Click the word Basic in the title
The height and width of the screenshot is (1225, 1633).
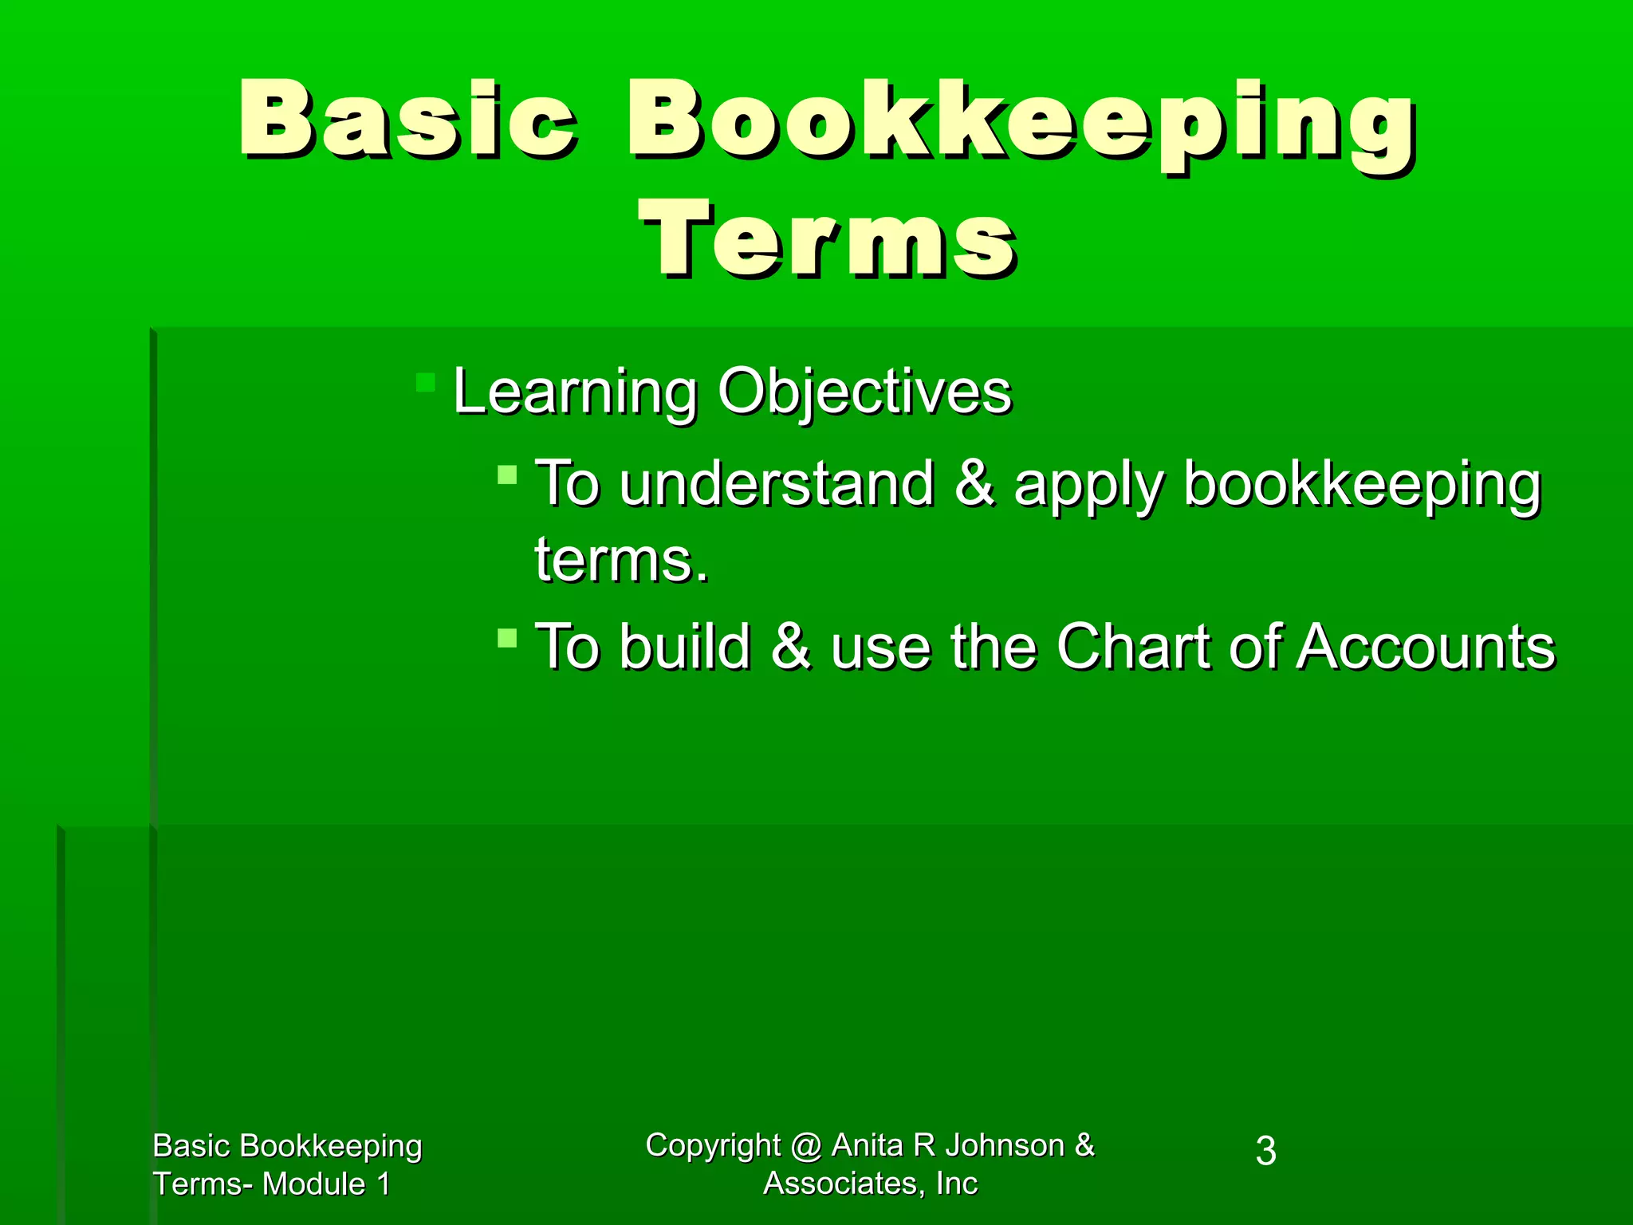(407, 120)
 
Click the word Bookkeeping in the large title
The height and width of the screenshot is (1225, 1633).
(1021, 124)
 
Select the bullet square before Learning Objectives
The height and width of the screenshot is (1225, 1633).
(426, 382)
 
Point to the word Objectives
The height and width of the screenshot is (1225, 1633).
(864, 392)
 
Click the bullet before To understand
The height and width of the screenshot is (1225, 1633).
(507, 476)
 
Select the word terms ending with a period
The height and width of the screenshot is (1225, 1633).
(621, 560)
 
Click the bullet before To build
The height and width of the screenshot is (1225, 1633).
(507, 638)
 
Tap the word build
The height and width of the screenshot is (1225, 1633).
(685, 646)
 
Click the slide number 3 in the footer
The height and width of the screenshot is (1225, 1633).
(1265, 1152)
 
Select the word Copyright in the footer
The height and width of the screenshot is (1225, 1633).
(713, 1146)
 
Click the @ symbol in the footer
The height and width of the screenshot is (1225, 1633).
(806, 1147)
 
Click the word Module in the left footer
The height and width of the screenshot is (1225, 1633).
(313, 1184)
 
